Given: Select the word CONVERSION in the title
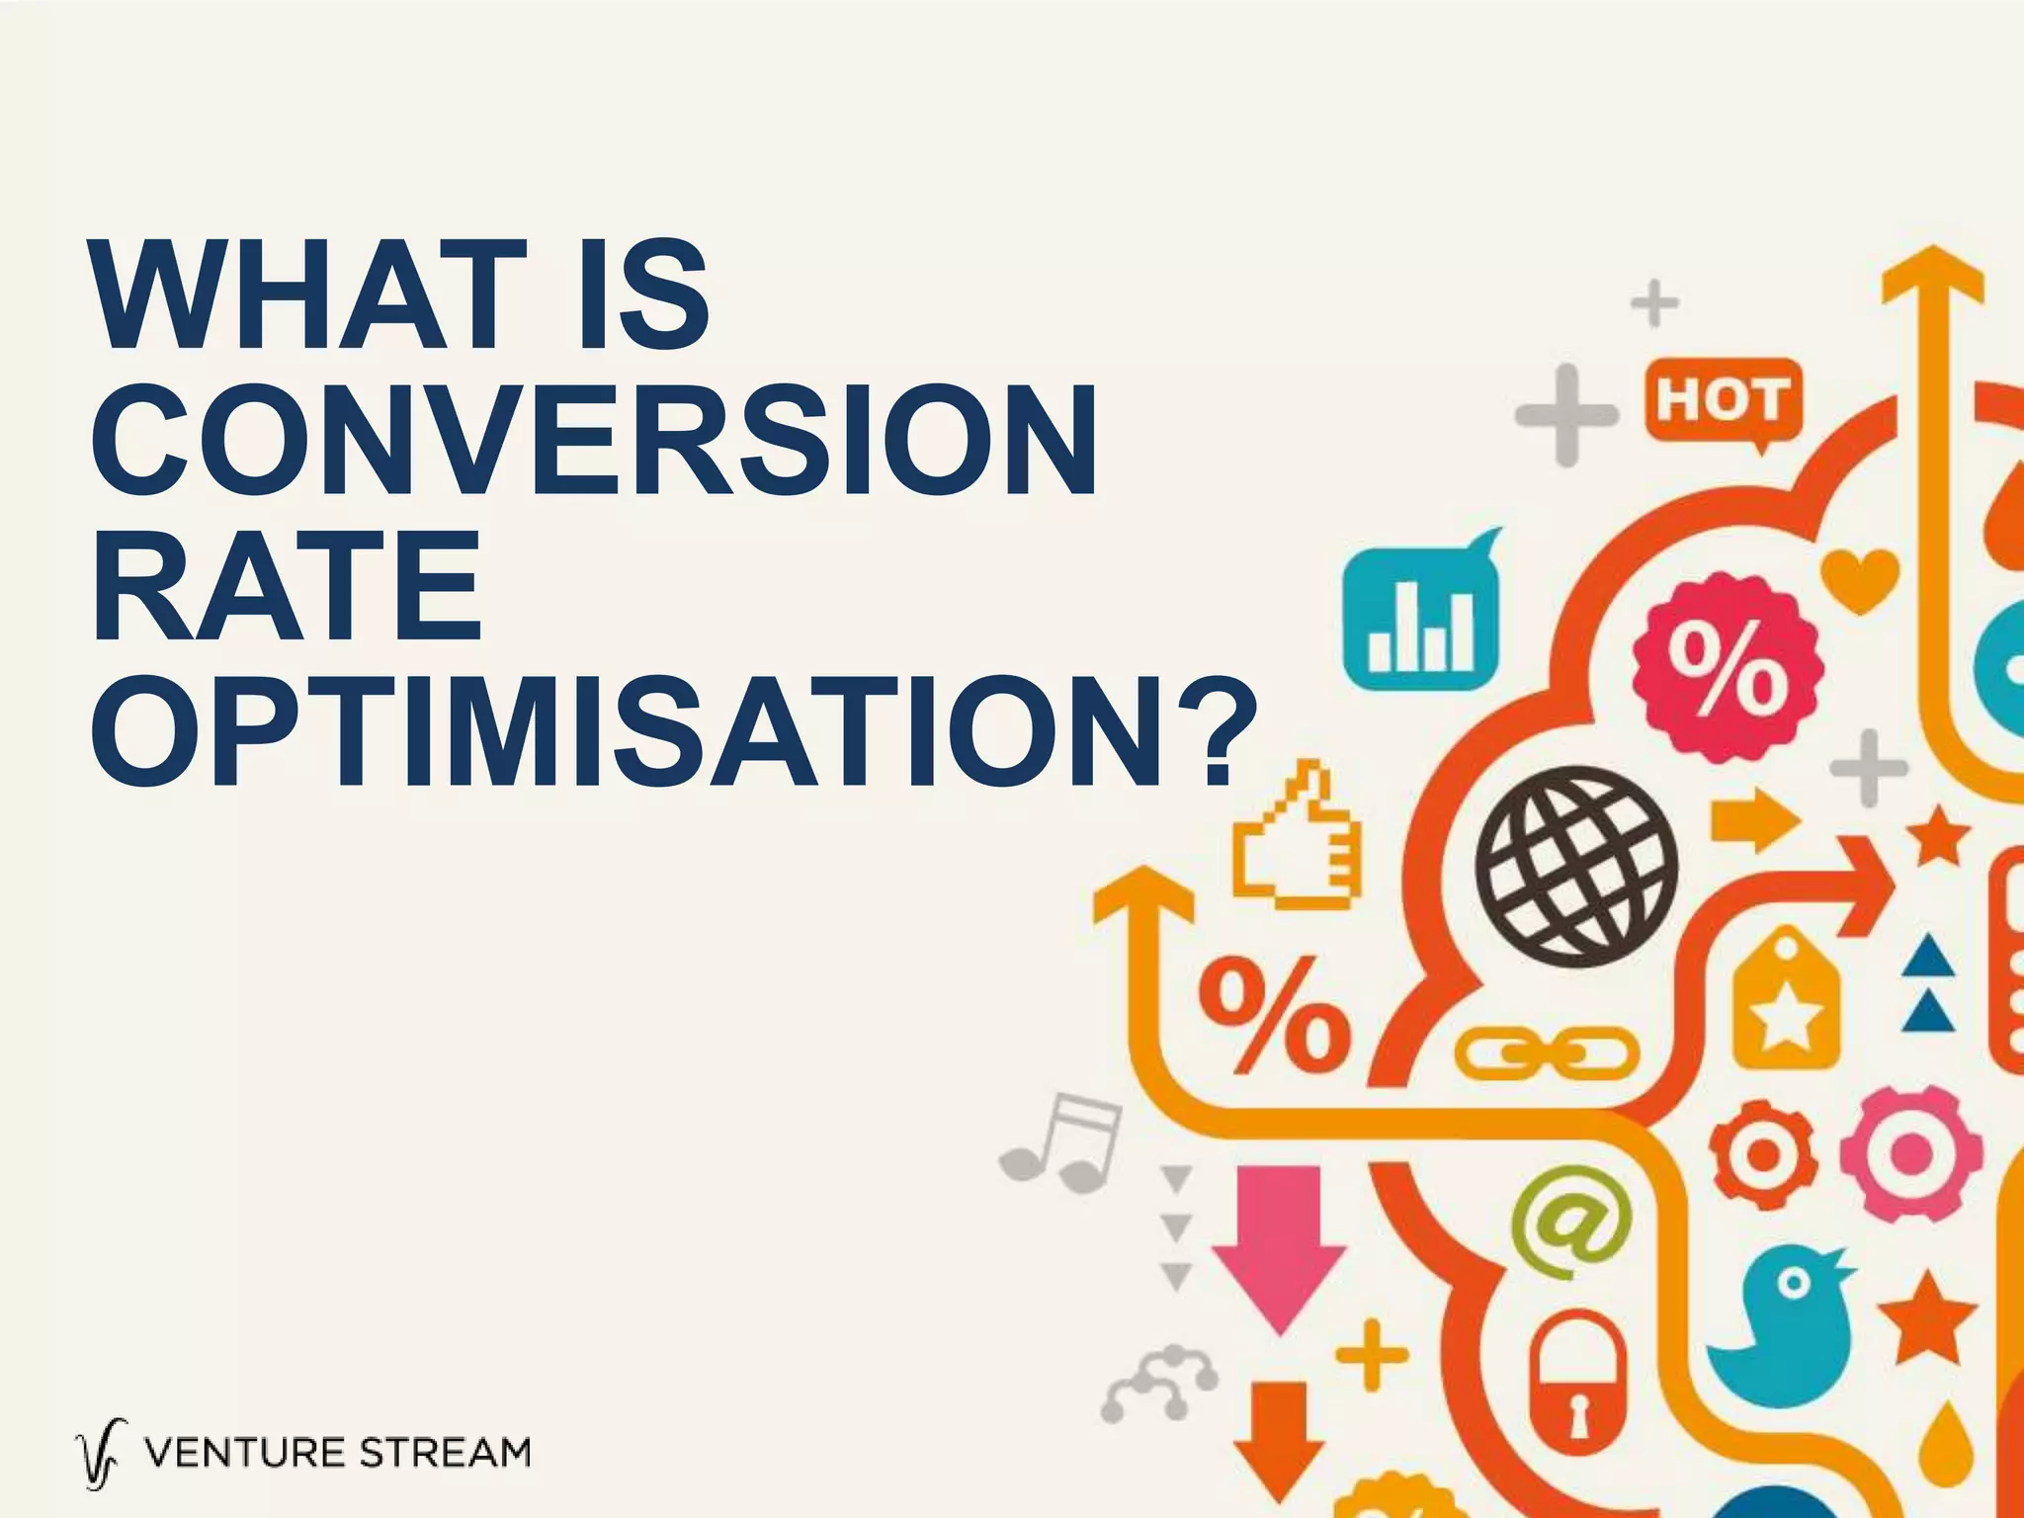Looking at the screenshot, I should pyautogui.click(x=594, y=441).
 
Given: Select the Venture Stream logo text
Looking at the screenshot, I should pyautogui.click(x=336, y=1454).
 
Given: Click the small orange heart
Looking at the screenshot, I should pyautogui.click(x=1859, y=577).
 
